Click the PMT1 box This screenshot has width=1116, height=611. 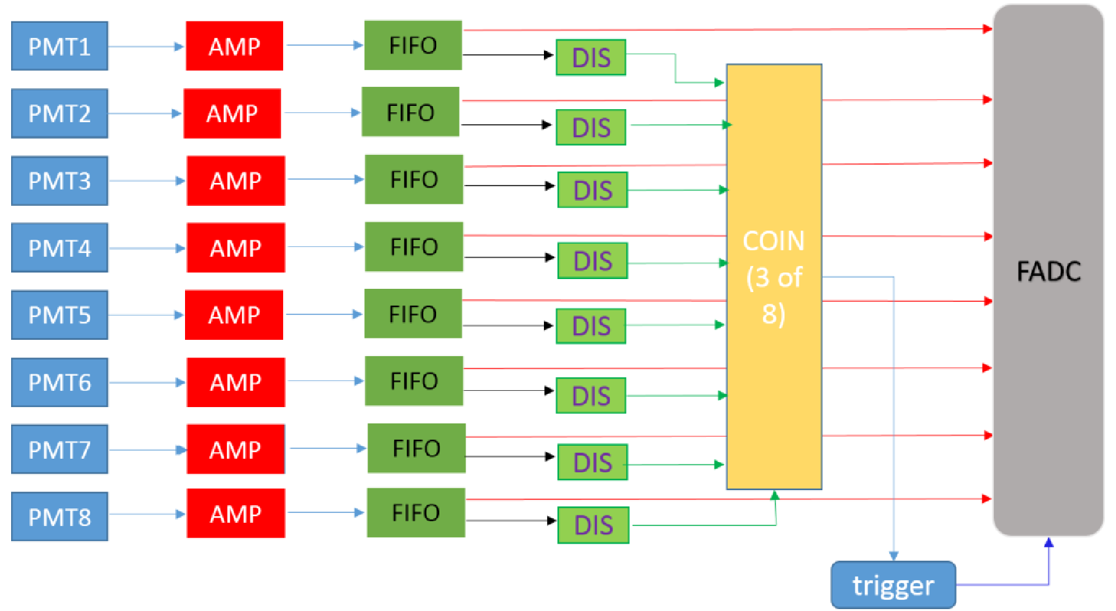pos(59,46)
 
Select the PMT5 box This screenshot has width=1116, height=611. pos(59,315)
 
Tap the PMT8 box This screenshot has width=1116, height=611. pos(59,516)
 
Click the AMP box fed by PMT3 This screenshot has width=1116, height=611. pos(235,180)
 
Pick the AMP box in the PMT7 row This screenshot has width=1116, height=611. pos(235,449)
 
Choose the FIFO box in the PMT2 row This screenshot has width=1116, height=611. pos(411,112)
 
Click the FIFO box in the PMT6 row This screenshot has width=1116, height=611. pos(414,381)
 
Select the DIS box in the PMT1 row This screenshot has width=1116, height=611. pos(591,58)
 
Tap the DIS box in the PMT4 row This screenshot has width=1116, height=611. pos(593,261)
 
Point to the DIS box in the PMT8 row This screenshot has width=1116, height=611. pos(594,525)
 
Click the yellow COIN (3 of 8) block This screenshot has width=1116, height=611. pos(774,277)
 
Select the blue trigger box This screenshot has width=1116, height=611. pos(893,585)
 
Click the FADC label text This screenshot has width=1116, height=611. pos(1049,271)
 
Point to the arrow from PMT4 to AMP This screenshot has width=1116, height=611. pos(148,248)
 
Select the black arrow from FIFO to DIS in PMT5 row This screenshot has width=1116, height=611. pos(509,325)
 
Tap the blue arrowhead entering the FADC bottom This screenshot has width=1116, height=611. pos(1049,542)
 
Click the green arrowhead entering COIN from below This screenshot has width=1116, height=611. pos(775,495)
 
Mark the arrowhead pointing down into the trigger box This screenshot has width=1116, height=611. pos(894,555)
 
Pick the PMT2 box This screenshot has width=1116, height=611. pos(59,113)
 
